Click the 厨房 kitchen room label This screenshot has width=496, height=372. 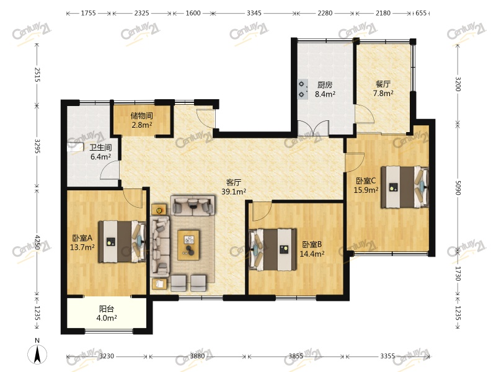pyautogui.click(x=325, y=85)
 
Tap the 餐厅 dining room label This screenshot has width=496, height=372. pyautogui.click(x=383, y=84)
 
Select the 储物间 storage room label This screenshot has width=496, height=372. pyautogui.click(x=142, y=115)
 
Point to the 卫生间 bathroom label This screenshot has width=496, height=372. pyautogui.click(x=100, y=148)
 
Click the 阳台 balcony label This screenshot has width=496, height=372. pyautogui.click(x=107, y=309)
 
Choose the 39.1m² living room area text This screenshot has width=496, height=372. pyautogui.click(x=234, y=192)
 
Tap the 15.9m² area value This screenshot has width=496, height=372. pyautogui.click(x=366, y=190)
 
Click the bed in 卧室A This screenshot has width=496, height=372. pyautogui.click(x=122, y=242)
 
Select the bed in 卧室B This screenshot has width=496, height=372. pyautogui.click(x=273, y=250)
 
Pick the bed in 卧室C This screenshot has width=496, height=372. pyautogui.click(x=405, y=187)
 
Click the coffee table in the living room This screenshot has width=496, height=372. pyautogui.click(x=188, y=245)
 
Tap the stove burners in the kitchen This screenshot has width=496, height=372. pyautogui.click(x=303, y=89)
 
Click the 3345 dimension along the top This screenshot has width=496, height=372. pyautogui.click(x=254, y=13)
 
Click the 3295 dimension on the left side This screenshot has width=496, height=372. pyautogui.click(x=37, y=146)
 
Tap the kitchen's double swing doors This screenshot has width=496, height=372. pyautogui.click(x=313, y=128)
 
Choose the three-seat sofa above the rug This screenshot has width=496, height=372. pyautogui.click(x=193, y=206)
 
